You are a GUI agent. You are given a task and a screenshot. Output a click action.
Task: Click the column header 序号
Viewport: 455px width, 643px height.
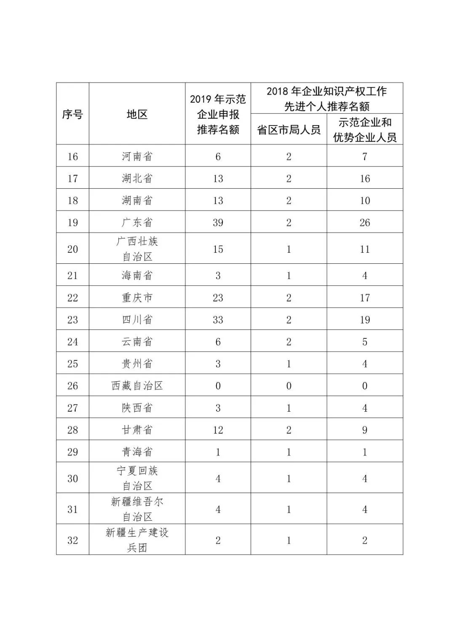pos(72,114)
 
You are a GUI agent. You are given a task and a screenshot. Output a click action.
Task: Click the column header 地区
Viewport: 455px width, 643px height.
pos(137,114)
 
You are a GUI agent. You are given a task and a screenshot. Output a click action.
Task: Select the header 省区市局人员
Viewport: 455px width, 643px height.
pos(289,130)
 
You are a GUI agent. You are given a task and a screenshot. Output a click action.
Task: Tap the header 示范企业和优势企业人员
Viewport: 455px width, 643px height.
pos(365,130)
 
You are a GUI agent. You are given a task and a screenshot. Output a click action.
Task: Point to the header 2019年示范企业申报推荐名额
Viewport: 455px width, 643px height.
pos(218,114)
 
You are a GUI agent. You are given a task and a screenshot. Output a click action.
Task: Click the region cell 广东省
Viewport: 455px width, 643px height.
pos(137,222)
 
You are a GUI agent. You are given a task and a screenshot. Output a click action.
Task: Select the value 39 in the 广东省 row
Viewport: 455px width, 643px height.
pos(218,222)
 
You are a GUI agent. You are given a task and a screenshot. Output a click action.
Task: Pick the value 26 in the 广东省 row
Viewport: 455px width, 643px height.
pos(365,222)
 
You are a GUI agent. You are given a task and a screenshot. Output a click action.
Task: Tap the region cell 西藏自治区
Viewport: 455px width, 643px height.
pos(137,386)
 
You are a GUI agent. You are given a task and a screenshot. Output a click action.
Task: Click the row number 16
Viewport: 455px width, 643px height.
pos(72,156)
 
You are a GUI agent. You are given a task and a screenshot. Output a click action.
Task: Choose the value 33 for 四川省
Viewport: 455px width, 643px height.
pos(218,319)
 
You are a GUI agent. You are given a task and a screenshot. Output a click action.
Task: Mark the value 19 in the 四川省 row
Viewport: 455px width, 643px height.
pos(365,319)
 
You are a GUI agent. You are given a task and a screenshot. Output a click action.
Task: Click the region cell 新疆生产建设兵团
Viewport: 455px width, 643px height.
pos(137,540)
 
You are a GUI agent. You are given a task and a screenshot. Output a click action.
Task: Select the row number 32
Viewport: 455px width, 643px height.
pos(72,540)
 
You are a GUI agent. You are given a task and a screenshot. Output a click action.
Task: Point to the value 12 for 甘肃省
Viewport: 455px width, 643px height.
pos(218,430)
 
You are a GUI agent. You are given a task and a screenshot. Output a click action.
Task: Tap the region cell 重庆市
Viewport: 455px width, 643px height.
pos(137,297)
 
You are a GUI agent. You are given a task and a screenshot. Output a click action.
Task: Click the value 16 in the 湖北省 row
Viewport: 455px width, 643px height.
pos(365,178)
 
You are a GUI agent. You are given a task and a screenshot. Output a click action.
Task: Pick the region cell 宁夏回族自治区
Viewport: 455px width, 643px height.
pos(137,478)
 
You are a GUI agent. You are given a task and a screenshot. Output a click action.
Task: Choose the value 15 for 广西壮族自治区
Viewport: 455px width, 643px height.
pos(218,249)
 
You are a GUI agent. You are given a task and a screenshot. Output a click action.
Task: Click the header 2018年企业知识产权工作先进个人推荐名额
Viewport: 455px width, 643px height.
pos(327,99)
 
